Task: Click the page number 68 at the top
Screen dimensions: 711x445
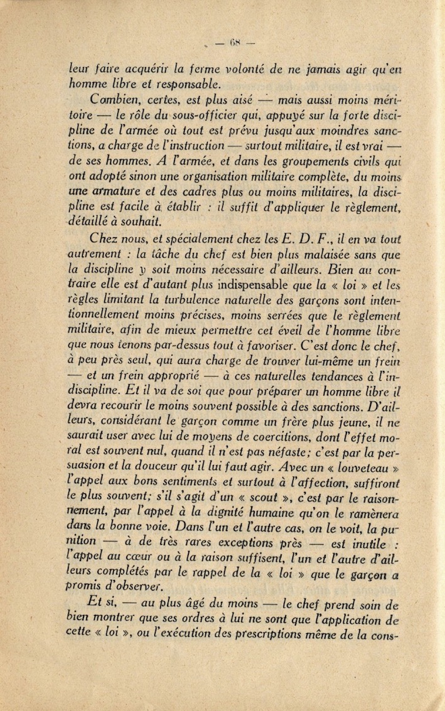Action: click(235, 43)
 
